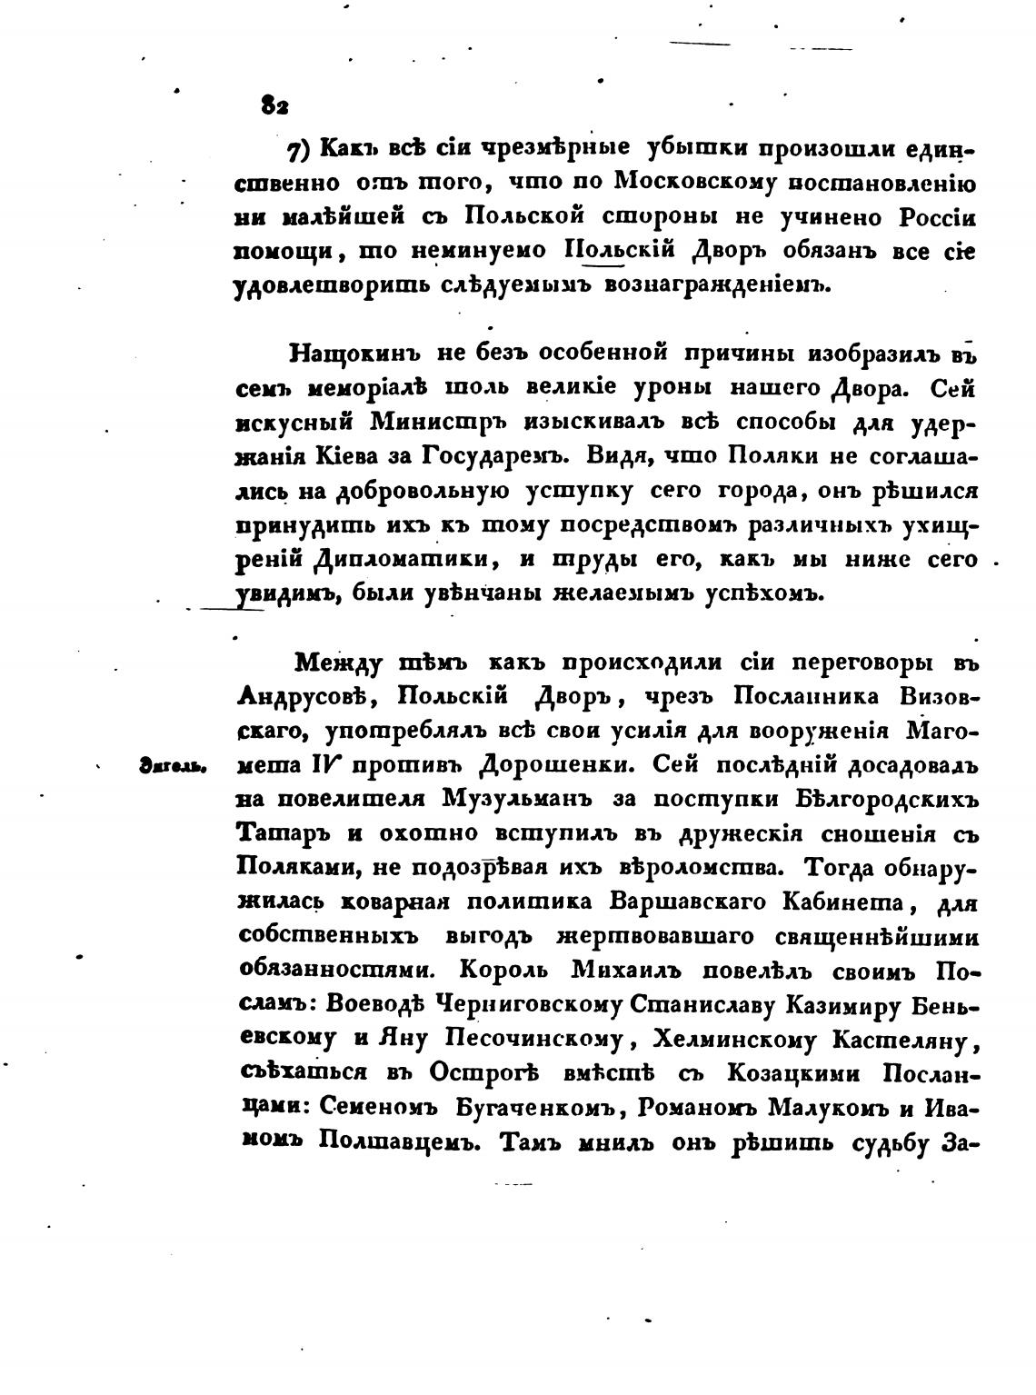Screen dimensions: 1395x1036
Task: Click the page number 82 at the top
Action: tap(274, 105)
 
